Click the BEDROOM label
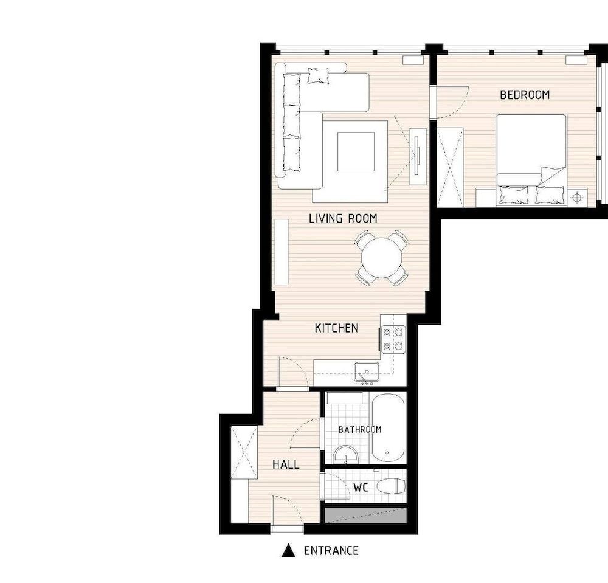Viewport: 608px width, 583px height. (524, 95)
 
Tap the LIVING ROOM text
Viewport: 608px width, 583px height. (343, 218)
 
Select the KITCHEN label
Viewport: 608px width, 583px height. (336, 328)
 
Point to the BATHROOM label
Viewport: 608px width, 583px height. (360, 430)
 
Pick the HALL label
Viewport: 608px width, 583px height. (286, 464)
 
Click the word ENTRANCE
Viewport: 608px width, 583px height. (331, 551)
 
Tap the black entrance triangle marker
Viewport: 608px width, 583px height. (288, 551)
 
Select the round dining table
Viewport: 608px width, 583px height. (382, 258)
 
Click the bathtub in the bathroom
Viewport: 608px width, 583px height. (387, 429)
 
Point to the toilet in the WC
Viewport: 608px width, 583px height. (391, 486)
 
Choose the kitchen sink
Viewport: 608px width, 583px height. (367, 371)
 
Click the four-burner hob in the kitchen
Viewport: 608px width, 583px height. (393, 339)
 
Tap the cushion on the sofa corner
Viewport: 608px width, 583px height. (318, 76)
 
